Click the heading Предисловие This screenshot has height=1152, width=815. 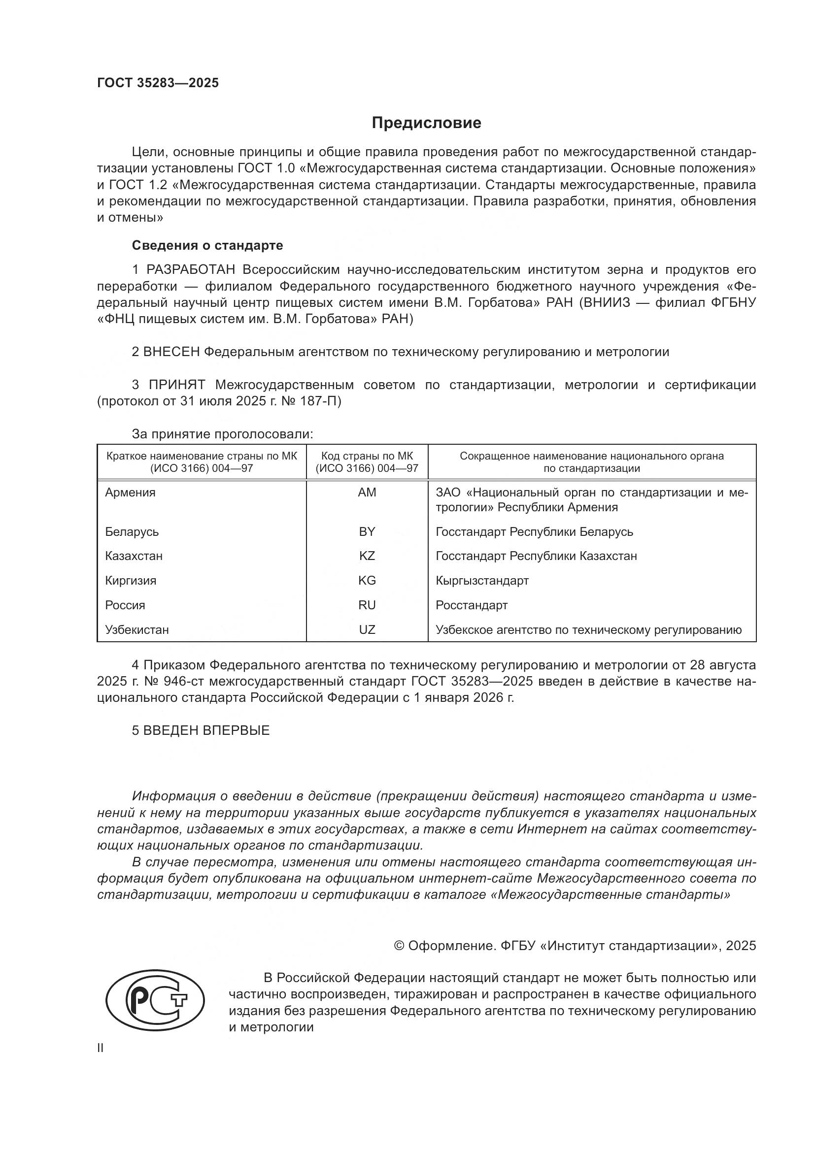[426, 123]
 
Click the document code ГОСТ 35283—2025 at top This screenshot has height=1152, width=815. [158, 83]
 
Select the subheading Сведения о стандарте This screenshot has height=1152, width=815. [207, 245]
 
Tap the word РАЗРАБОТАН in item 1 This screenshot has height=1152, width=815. [191, 270]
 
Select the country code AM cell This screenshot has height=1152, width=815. [367, 492]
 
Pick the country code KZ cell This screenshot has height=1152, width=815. [367, 556]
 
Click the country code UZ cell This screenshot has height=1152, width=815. [367, 630]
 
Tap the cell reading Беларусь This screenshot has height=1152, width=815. [132, 531]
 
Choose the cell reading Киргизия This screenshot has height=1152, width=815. [131, 581]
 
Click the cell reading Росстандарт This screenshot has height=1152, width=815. [471, 605]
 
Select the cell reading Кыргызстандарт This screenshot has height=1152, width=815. [482, 581]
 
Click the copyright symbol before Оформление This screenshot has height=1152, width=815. [399, 946]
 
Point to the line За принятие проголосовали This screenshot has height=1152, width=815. [222, 434]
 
